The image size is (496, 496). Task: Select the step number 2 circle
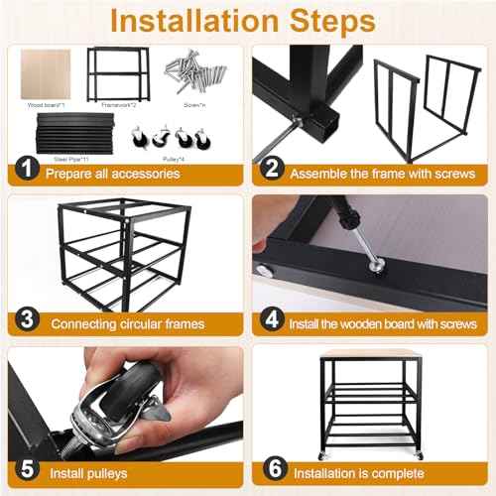pyautogui.click(x=269, y=171)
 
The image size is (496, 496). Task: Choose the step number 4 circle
pyautogui.click(x=269, y=321)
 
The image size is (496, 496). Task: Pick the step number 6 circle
pyautogui.click(x=269, y=472)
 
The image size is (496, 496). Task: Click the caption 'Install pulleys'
pyautogui.click(x=86, y=474)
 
